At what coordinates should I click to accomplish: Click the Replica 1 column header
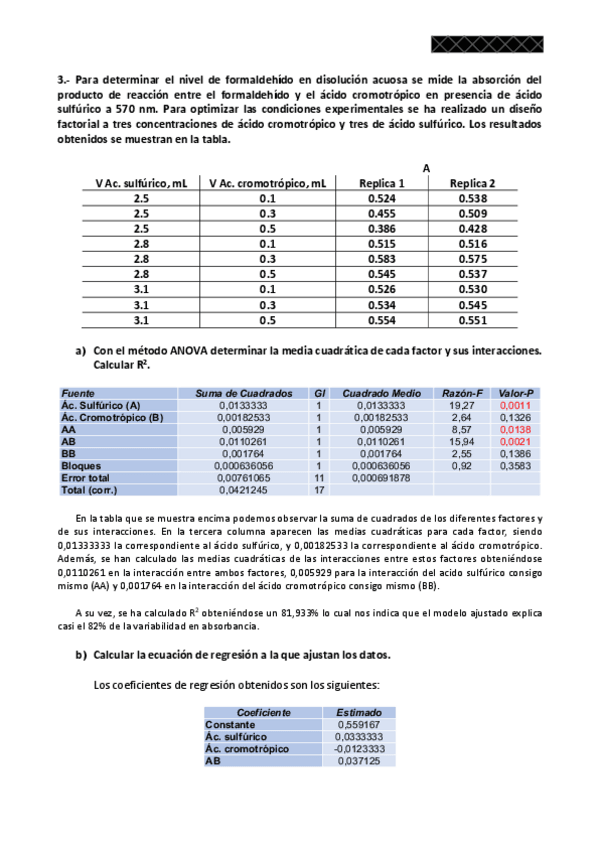coord(381,183)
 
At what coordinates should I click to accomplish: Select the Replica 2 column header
coord(472,183)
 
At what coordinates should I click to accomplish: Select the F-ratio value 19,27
coord(462,405)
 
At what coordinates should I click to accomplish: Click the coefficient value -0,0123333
coord(358,748)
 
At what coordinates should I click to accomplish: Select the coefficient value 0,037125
coord(358,760)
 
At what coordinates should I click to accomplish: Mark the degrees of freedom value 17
coord(320,490)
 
